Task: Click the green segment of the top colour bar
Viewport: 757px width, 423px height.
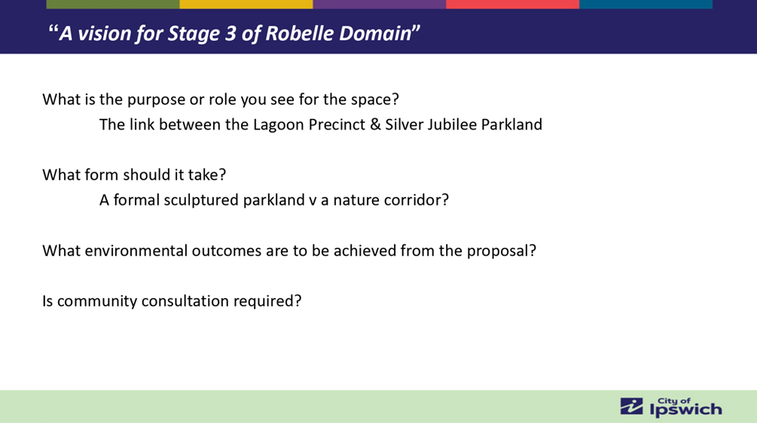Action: [113, 5]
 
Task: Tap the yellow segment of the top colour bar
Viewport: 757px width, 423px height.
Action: [246, 5]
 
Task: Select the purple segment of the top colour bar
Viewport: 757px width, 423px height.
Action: [380, 5]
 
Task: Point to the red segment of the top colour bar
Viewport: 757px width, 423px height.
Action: [513, 5]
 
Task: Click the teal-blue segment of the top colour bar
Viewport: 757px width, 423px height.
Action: [646, 5]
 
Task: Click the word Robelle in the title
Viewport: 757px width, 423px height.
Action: [300, 33]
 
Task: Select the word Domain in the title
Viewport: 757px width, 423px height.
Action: [375, 33]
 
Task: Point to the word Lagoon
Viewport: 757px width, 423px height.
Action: [279, 125]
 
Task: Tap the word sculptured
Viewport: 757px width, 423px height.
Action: [201, 200]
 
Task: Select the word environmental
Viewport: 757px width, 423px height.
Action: [136, 251]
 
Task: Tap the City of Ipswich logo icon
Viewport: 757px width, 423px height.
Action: [631, 406]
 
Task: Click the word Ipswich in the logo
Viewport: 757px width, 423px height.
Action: [686, 410]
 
